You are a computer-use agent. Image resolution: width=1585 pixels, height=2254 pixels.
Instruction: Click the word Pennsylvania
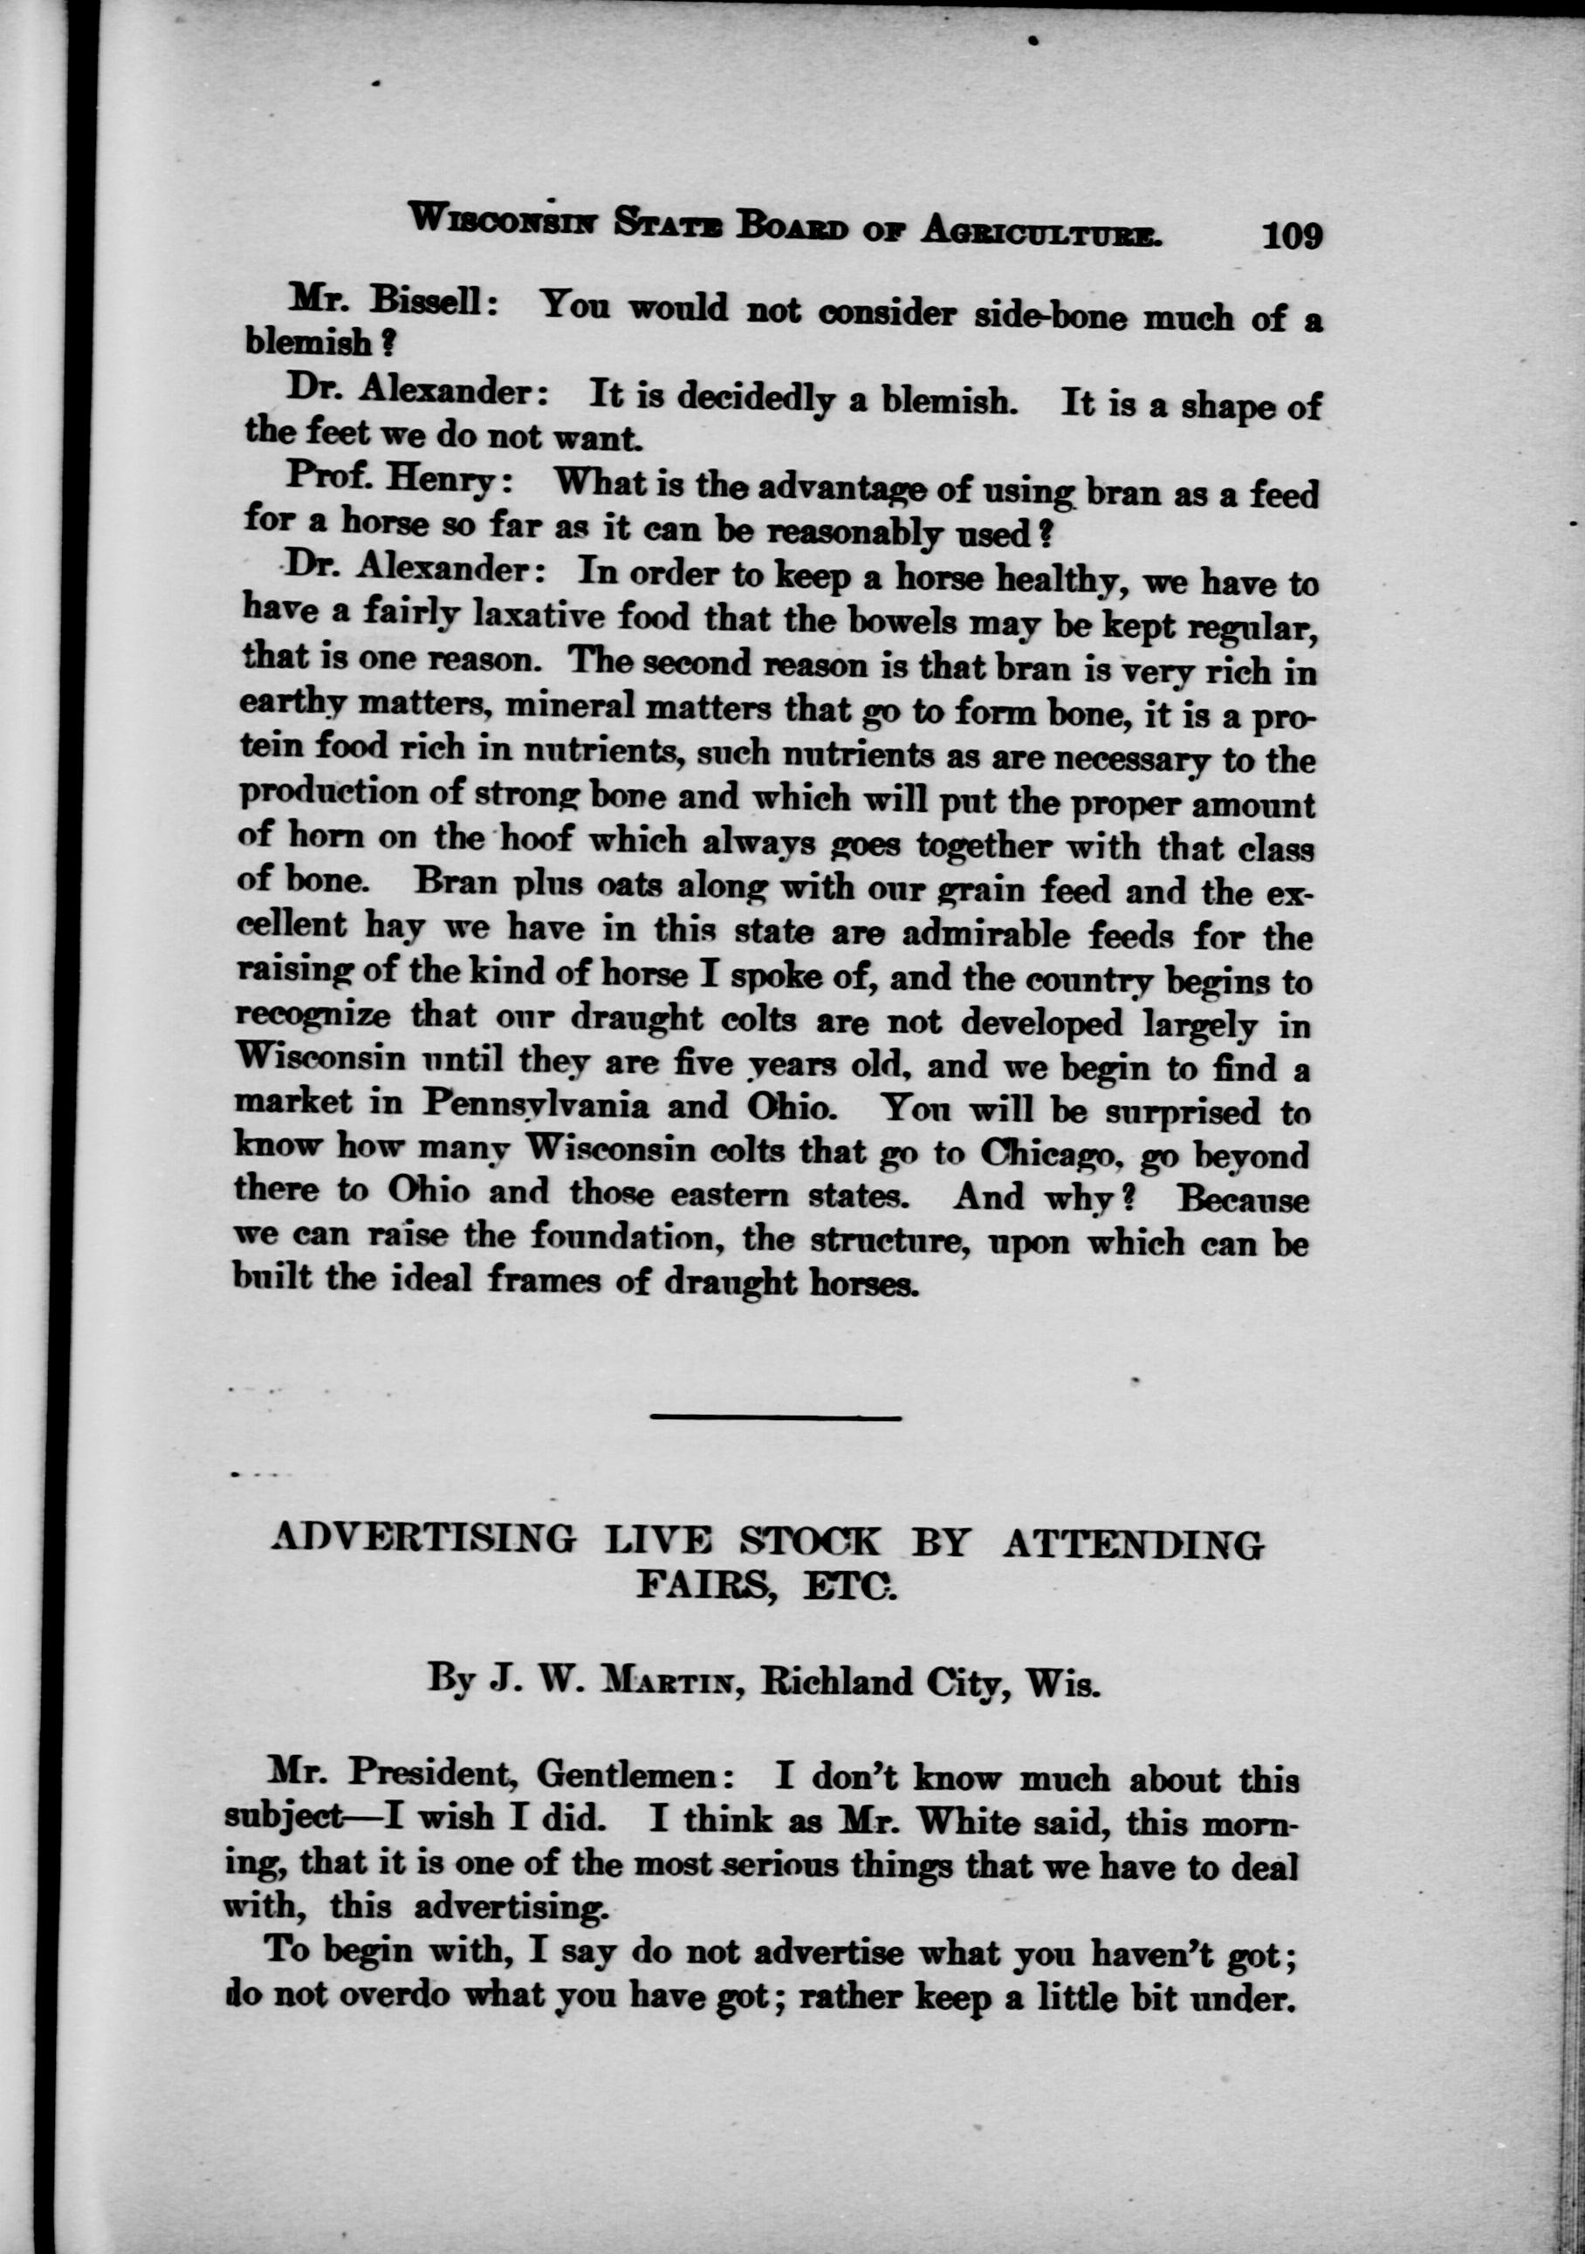pyautogui.click(x=535, y=1105)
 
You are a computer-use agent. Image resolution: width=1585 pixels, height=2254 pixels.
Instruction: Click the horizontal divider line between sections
pyautogui.click(x=775, y=1417)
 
